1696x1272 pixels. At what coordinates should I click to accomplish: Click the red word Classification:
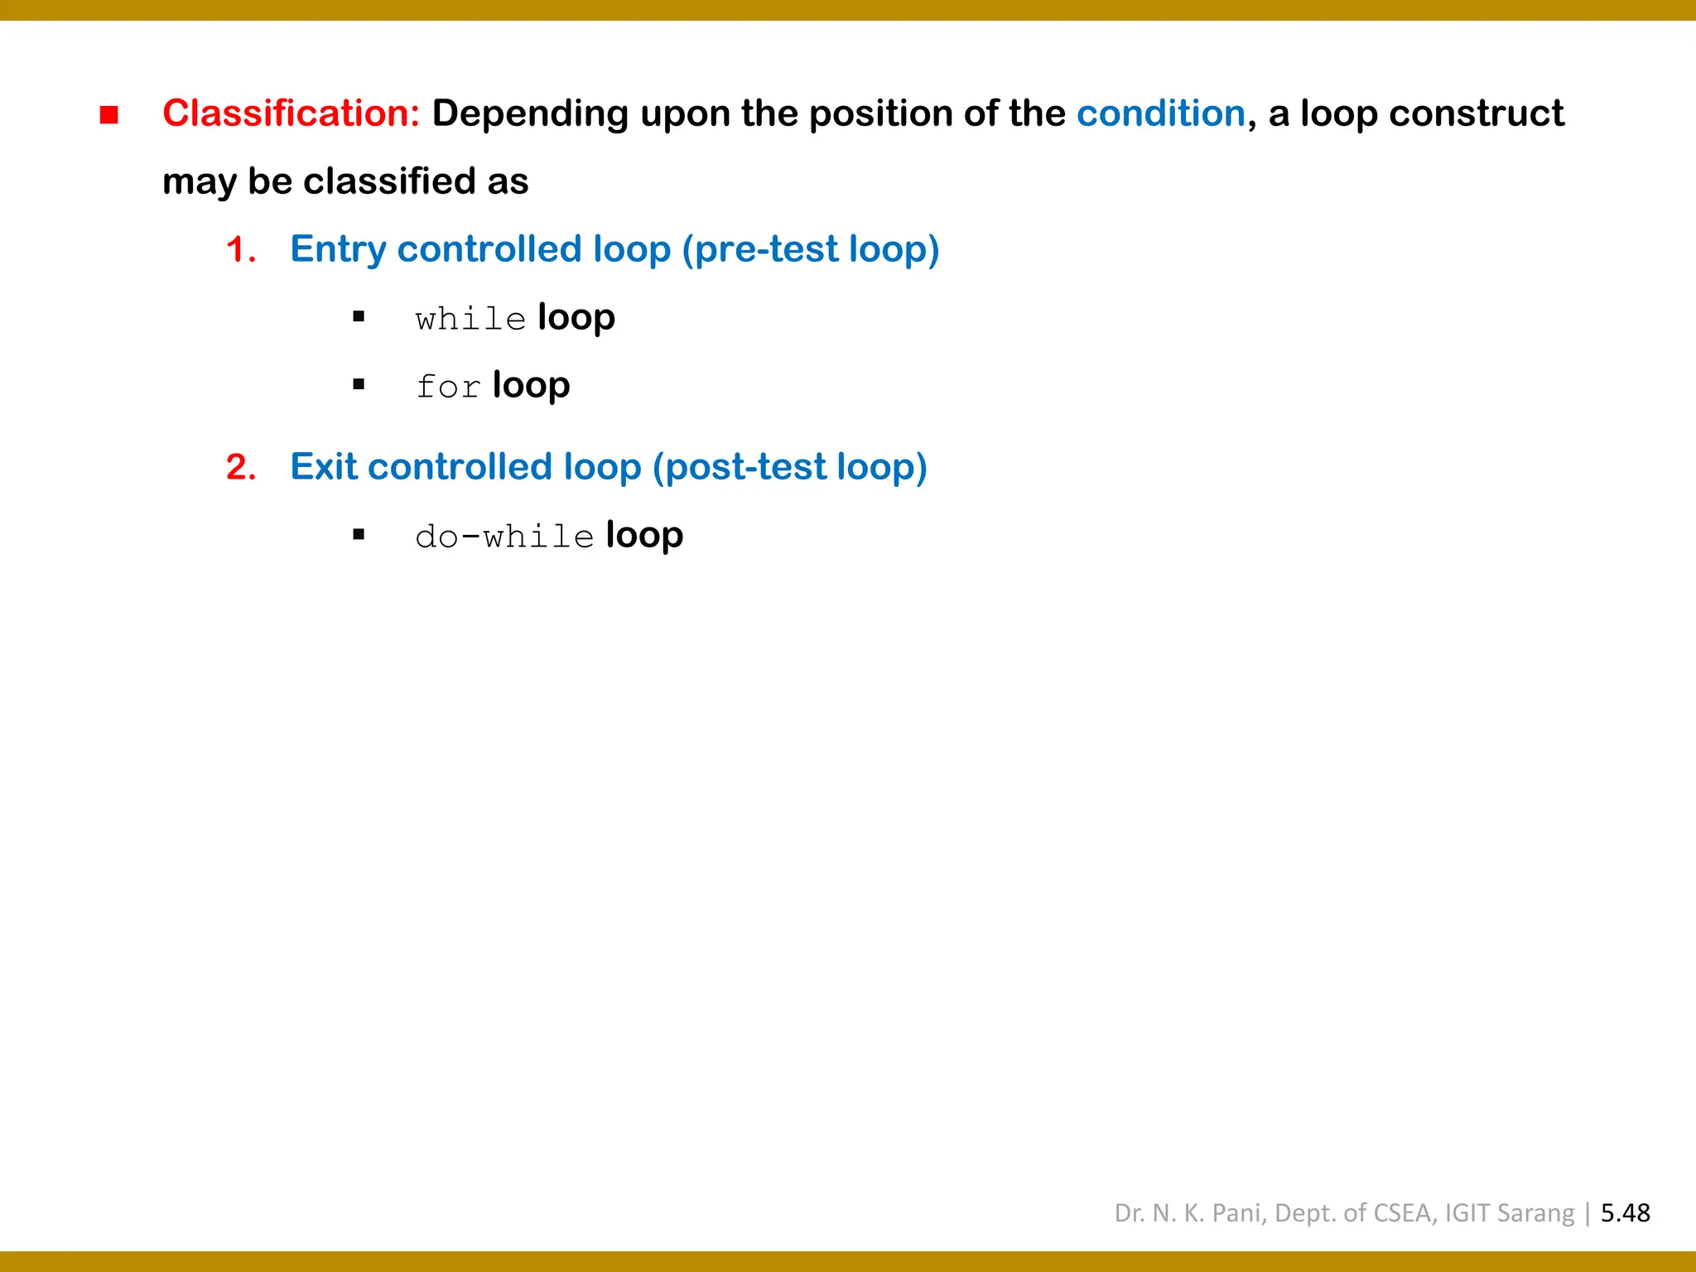[291, 113]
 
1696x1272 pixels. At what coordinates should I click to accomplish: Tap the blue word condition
[1160, 113]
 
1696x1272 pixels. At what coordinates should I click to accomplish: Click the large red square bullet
[109, 115]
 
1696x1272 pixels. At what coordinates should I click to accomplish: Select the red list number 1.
[240, 250]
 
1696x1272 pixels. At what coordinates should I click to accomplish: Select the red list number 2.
[240, 468]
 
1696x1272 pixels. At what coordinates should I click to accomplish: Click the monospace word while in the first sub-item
[470, 319]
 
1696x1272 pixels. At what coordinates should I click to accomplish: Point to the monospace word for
[447, 387]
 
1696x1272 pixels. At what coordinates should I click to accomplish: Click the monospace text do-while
[503, 537]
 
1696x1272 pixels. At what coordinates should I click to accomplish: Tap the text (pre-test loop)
[810, 249]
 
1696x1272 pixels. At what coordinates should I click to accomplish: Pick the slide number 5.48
[1625, 1213]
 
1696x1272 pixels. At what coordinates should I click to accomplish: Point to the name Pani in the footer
[1236, 1213]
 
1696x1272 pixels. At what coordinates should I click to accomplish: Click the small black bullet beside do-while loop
[359, 535]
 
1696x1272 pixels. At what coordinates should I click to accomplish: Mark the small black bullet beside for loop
[359, 384]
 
